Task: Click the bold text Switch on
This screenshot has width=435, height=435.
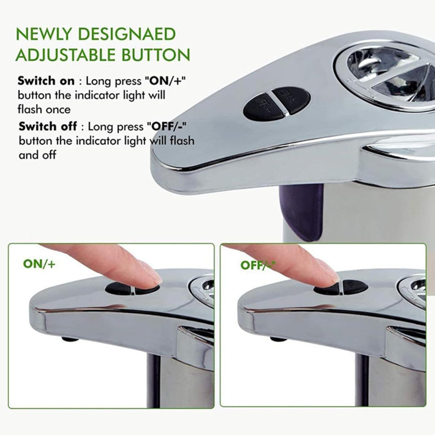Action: (x=46, y=81)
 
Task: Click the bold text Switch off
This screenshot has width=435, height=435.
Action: (x=48, y=126)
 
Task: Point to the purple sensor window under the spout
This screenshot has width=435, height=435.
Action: (x=302, y=211)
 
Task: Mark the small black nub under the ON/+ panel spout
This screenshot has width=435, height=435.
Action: (x=70, y=339)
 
